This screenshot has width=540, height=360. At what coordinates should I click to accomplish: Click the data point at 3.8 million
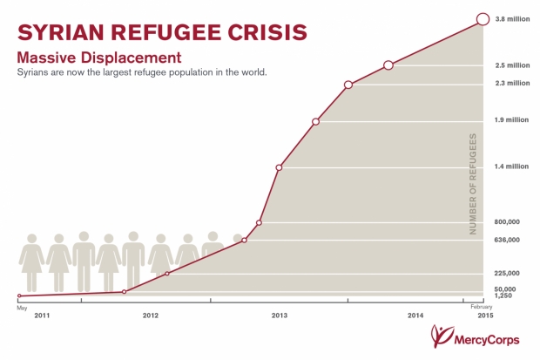coord(483,19)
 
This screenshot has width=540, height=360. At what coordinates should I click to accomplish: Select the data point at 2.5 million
coord(388,65)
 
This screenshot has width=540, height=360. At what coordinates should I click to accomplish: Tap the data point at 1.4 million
coord(279,166)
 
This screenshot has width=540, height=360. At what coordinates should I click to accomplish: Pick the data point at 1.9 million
coord(315,121)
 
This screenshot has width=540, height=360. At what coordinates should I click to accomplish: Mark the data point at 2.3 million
coord(348,85)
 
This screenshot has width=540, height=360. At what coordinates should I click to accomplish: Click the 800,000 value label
coord(509,222)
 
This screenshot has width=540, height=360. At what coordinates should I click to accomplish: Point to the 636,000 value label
coord(509,240)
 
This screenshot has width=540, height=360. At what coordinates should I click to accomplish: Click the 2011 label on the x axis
coord(43,315)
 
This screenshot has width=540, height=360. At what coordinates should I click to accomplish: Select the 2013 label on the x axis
coord(280,315)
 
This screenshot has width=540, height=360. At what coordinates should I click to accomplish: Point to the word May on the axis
coord(21,306)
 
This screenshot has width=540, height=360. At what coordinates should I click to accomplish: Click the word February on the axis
coord(483,306)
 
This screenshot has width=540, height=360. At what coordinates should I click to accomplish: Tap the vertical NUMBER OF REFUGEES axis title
coord(473,184)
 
